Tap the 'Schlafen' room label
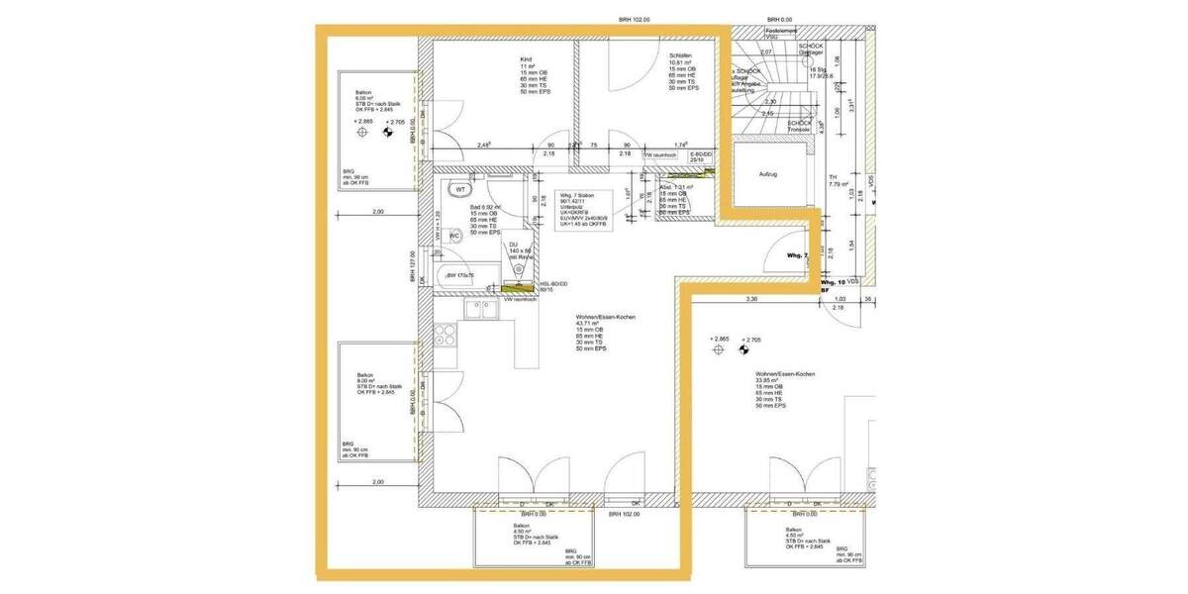679,55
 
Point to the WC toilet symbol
453,236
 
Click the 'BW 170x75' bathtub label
461,275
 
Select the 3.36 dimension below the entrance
752,298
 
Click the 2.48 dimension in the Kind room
484,146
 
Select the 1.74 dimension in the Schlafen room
680,146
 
